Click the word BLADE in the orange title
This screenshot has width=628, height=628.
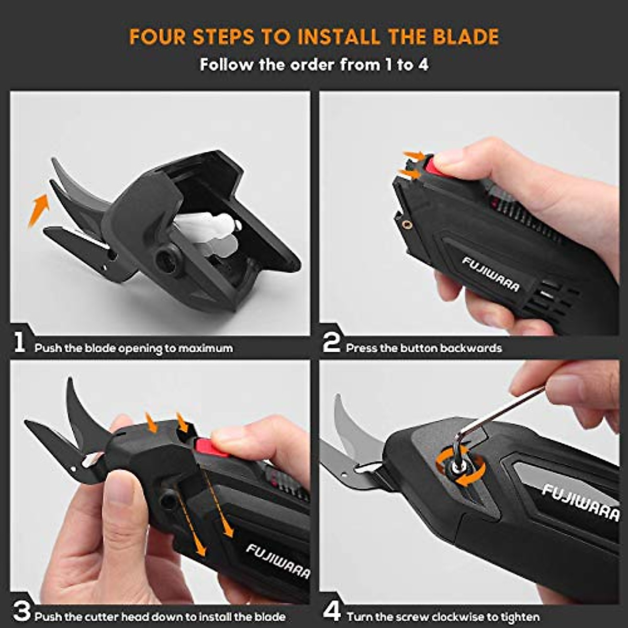click(x=465, y=37)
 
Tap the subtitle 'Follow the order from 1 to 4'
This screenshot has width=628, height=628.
click(x=314, y=65)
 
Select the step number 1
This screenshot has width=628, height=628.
click(x=19, y=344)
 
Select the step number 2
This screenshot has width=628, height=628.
click(x=331, y=344)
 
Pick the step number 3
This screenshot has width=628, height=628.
click(x=21, y=611)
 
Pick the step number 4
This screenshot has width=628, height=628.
click(x=332, y=611)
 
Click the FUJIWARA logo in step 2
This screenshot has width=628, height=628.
click(x=490, y=274)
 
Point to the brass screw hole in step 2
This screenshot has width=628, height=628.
click(x=408, y=225)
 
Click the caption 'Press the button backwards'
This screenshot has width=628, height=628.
click(x=423, y=348)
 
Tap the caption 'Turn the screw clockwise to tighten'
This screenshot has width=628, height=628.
click(x=443, y=617)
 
